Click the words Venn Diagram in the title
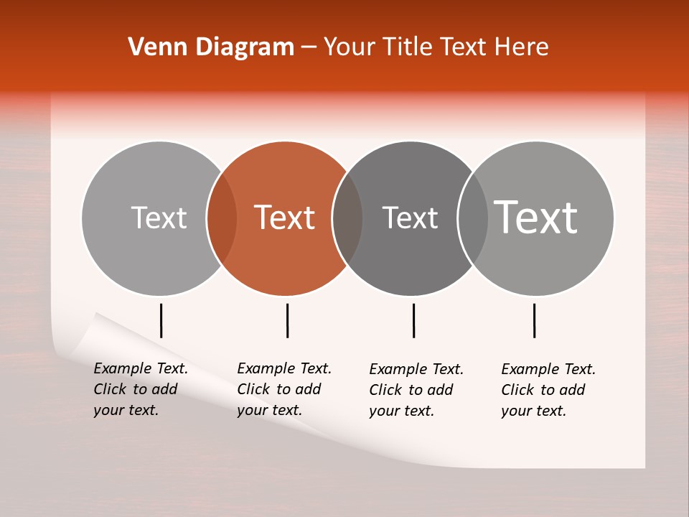click(211, 47)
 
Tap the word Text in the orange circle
click(285, 218)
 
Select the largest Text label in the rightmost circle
click(536, 218)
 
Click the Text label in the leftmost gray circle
click(159, 218)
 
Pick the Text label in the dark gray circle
click(410, 218)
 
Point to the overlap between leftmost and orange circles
click(222, 218)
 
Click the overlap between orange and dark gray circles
click(348, 218)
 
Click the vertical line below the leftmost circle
click(161, 320)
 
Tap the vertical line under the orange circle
click(287, 320)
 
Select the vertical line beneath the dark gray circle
click(413, 320)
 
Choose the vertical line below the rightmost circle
click(534, 320)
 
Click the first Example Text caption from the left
click(141, 389)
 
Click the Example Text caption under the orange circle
click(284, 389)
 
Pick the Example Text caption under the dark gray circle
click(416, 390)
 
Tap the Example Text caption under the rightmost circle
click(548, 390)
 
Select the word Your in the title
click(350, 47)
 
